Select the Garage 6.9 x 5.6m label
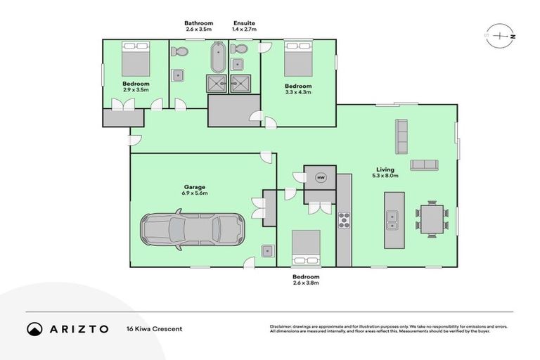[x=195, y=190]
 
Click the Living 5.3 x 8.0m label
[x=385, y=172]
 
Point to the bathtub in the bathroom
[x=217, y=58]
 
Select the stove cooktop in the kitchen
[x=344, y=219]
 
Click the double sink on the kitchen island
[x=392, y=219]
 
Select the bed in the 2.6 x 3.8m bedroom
[x=306, y=247]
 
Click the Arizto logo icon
[x=34, y=328]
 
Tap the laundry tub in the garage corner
[x=266, y=250]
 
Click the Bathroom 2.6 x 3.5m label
[x=199, y=27]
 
